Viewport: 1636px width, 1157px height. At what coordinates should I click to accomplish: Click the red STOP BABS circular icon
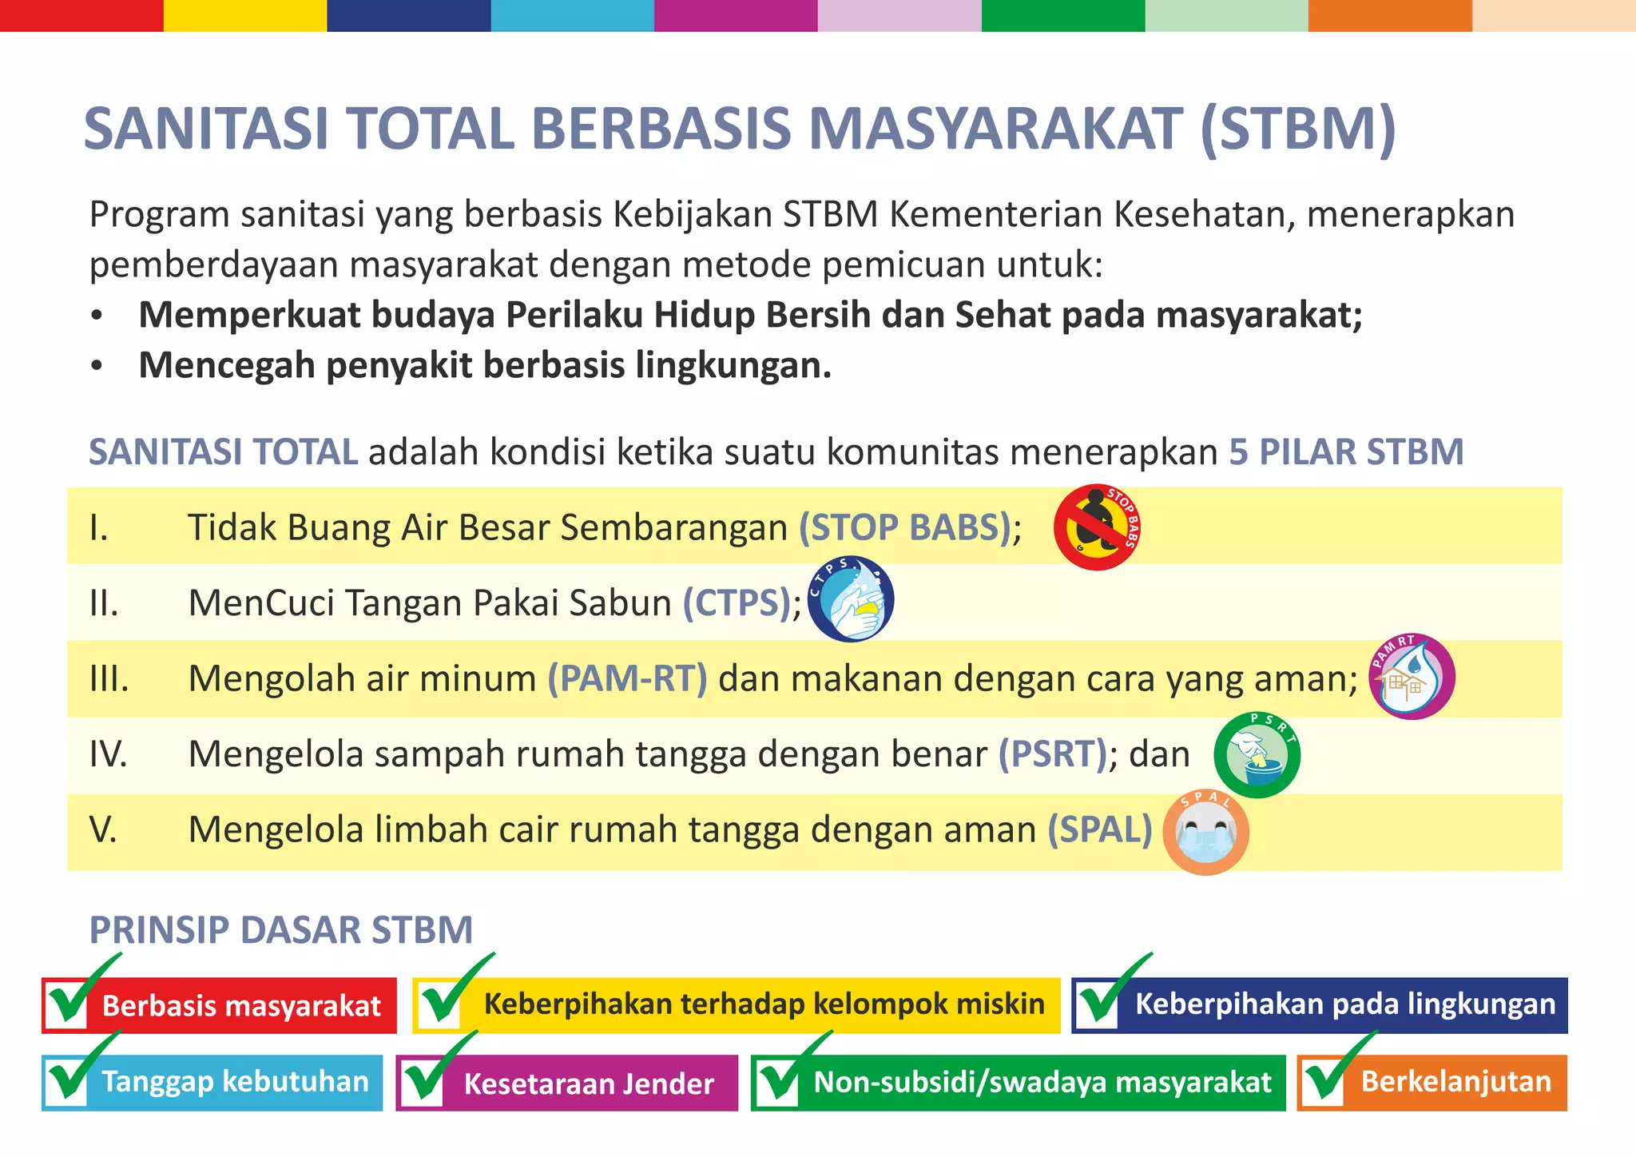(x=1096, y=527)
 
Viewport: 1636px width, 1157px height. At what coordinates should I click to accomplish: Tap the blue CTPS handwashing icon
(x=850, y=599)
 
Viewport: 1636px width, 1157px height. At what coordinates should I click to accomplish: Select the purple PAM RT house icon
(x=1412, y=677)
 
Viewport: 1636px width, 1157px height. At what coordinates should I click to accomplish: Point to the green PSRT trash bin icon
(x=1257, y=755)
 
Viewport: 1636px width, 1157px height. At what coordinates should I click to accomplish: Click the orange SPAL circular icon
(x=1205, y=833)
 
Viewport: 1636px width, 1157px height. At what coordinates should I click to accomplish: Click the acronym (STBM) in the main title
(x=1298, y=129)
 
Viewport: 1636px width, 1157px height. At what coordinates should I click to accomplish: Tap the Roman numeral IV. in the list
(x=109, y=753)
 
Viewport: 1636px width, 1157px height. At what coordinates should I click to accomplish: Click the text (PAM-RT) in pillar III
(x=627, y=678)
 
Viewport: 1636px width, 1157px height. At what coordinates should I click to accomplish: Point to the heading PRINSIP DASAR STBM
(x=281, y=930)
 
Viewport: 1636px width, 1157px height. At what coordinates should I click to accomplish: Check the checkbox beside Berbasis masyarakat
(x=67, y=1005)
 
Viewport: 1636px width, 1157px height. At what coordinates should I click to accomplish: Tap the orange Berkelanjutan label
(x=1455, y=1082)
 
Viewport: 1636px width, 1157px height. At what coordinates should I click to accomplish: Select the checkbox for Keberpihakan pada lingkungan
(x=1098, y=1005)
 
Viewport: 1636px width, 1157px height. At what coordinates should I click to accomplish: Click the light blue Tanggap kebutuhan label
(x=235, y=1082)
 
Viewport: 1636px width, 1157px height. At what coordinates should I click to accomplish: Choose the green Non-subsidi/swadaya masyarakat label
(x=1042, y=1082)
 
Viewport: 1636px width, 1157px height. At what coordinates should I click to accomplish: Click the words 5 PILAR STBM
(x=1346, y=452)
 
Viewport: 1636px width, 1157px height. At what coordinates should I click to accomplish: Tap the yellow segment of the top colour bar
(x=245, y=15)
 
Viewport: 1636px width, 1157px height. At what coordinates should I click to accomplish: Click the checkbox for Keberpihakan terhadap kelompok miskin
(x=439, y=1005)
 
